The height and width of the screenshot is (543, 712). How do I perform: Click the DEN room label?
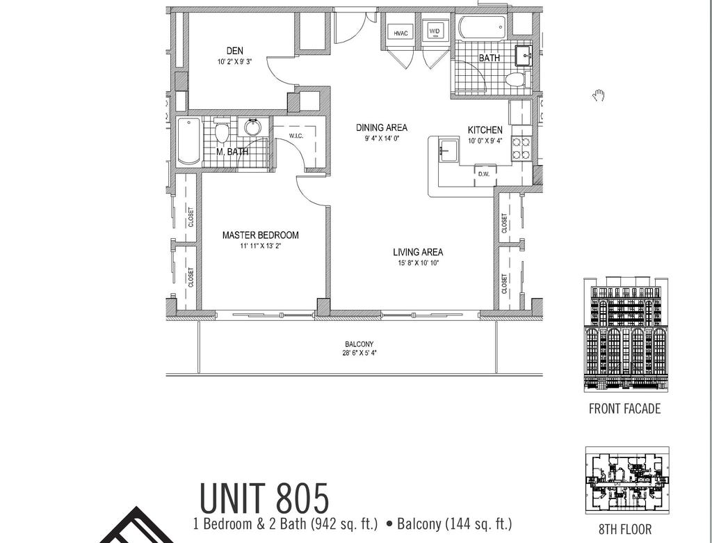click(235, 51)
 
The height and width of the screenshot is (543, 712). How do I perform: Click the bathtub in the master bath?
click(189, 141)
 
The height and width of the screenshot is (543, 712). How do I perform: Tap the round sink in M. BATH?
click(253, 127)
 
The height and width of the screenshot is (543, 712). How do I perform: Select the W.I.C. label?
click(296, 136)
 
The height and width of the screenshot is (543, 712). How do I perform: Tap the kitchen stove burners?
click(521, 148)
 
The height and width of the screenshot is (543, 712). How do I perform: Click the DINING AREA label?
click(382, 128)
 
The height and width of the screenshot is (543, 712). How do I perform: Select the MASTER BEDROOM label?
click(260, 235)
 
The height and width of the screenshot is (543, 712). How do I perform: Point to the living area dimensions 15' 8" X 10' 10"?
click(418, 263)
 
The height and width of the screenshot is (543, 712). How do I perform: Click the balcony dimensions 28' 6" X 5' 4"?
click(359, 353)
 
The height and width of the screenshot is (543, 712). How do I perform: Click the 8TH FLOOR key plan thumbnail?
click(627, 482)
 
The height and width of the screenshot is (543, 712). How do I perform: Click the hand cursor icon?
click(599, 95)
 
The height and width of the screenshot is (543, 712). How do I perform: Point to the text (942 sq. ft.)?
click(343, 524)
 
